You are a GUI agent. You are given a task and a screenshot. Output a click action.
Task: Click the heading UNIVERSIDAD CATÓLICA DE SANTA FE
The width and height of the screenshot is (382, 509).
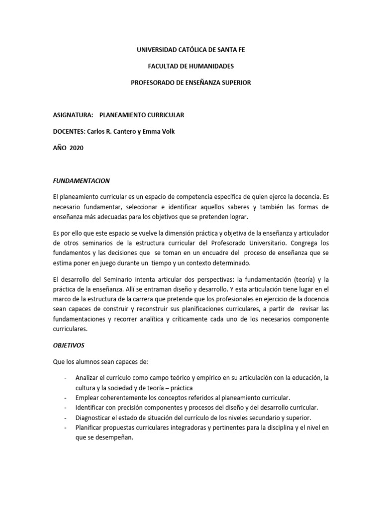point(191,50)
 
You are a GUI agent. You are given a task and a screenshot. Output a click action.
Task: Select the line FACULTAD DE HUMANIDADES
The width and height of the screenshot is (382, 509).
point(191,66)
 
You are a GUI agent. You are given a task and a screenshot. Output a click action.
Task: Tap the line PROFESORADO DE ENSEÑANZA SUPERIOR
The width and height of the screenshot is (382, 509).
point(191,83)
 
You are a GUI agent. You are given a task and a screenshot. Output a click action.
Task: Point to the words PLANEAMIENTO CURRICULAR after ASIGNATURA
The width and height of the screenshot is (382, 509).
point(142,115)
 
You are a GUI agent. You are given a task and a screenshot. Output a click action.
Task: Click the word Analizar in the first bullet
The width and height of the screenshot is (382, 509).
point(88,378)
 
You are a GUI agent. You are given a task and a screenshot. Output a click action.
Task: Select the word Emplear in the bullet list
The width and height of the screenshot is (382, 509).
point(87,398)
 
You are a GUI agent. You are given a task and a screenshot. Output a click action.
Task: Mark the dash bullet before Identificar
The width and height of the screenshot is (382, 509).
point(66,408)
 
